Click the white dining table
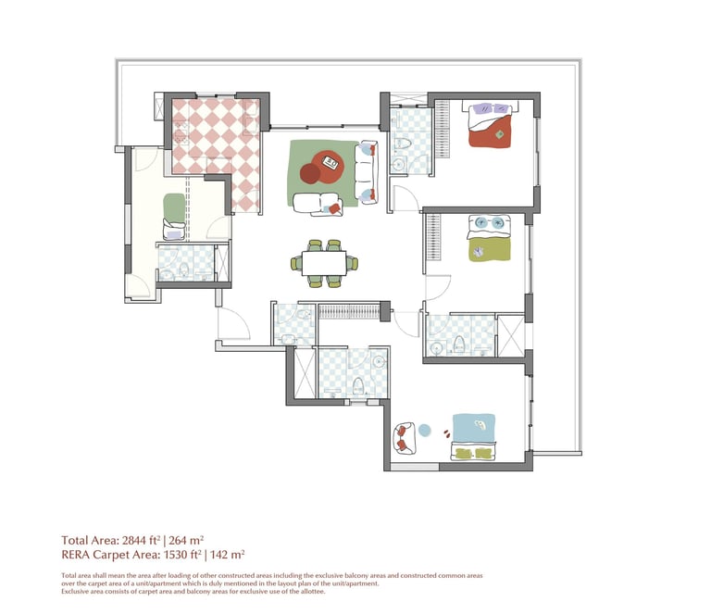[x=324, y=263]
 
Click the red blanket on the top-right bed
[x=490, y=132]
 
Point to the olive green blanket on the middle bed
[x=490, y=250]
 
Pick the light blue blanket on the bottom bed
[x=473, y=428]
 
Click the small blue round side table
[x=424, y=430]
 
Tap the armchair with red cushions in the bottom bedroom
[x=405, y=438]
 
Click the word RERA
[x=76, y=555]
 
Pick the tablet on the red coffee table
[x=331, y=162]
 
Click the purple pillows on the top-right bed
[x=491, y=109]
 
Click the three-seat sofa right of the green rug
[x=367, y=172]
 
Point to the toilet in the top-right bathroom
[x=403, y=144]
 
